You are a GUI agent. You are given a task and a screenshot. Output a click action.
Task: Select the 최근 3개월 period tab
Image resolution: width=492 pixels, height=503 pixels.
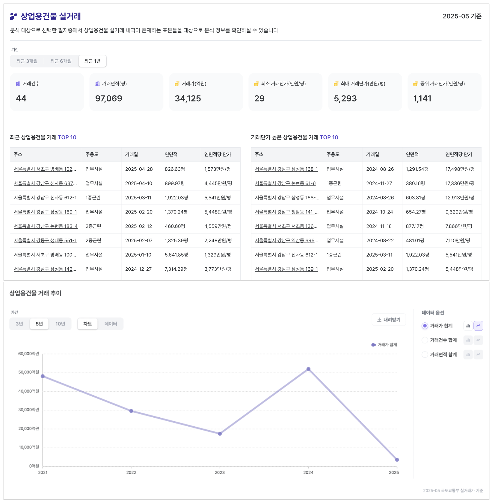pos(27,61)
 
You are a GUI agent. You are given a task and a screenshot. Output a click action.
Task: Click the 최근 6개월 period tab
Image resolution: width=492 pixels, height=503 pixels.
pos(61,61)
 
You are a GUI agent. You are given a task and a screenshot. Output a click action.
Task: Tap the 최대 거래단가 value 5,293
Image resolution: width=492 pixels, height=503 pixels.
pos(345,99)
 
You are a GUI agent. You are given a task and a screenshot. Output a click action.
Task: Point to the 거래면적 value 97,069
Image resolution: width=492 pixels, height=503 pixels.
pos(108,99)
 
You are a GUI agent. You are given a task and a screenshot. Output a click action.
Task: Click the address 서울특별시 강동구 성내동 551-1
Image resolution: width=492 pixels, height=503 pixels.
pos(45,240)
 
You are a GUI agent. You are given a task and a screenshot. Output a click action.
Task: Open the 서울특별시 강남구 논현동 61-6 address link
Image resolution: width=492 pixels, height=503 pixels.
pos(285,183)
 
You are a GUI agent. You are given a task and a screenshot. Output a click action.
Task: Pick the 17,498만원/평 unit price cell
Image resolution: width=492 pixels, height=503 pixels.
pos(460,169)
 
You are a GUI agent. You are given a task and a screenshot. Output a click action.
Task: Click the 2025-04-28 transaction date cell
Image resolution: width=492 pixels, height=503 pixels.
pos(139,169)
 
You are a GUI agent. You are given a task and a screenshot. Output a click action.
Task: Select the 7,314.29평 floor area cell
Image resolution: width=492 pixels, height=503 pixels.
pos(176,269)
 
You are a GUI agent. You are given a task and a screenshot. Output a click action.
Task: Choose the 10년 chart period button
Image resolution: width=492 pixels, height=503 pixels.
pos(60,324)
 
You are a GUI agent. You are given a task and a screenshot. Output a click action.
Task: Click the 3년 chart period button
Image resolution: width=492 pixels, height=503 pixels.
pos(19,324)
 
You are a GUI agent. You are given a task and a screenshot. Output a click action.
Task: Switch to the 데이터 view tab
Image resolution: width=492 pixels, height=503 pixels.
pos(111,324)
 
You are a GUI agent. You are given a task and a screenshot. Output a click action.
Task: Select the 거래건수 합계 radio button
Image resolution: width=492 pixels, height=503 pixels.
pos(425,340)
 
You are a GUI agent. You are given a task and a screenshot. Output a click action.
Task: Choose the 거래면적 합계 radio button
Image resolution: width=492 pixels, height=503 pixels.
pos(425,354)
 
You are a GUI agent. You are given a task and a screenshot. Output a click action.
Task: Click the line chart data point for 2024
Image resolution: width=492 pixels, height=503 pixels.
pos(308,369)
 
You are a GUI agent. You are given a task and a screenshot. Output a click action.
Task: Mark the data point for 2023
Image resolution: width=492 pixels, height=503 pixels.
pos(220,434)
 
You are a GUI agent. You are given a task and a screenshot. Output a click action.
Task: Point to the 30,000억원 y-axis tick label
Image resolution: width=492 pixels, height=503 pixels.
pos(29,410)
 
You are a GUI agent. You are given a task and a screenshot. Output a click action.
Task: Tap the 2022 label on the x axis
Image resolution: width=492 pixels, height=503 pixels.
pos(131,472)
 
